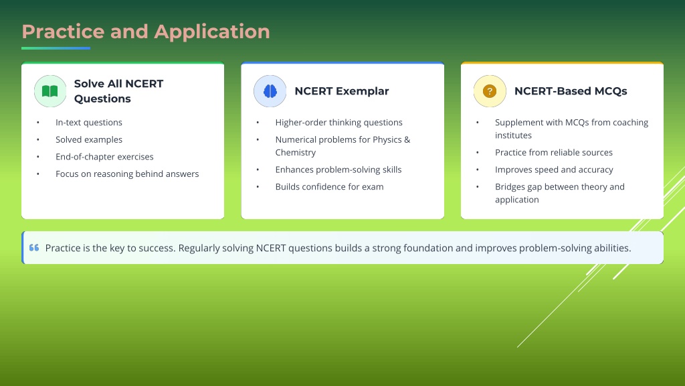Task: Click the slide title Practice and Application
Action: pos(146,32)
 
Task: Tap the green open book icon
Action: pos(50,91)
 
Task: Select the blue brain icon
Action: pos(270,91)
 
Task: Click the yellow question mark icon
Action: pos(490,91)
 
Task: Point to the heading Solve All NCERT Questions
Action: pos(119,91)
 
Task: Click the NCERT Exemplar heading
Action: pos(342,91)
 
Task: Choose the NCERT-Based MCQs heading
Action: pos(571,91)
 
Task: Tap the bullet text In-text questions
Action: pos(89,123)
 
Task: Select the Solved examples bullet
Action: pos(89,139)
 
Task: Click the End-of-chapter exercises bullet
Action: pos(104,157)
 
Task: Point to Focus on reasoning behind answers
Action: pos(127,174)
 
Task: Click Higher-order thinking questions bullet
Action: pos(338,123)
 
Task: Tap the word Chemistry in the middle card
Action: pos(295,152)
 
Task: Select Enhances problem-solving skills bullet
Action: pos(338,170)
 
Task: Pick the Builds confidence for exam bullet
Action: pos(329,186)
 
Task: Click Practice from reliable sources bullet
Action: pos(553,152)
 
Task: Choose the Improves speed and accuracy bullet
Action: pos(554,170)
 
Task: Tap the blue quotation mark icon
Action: pos(34,248)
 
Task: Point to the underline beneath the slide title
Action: pos(56,48)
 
